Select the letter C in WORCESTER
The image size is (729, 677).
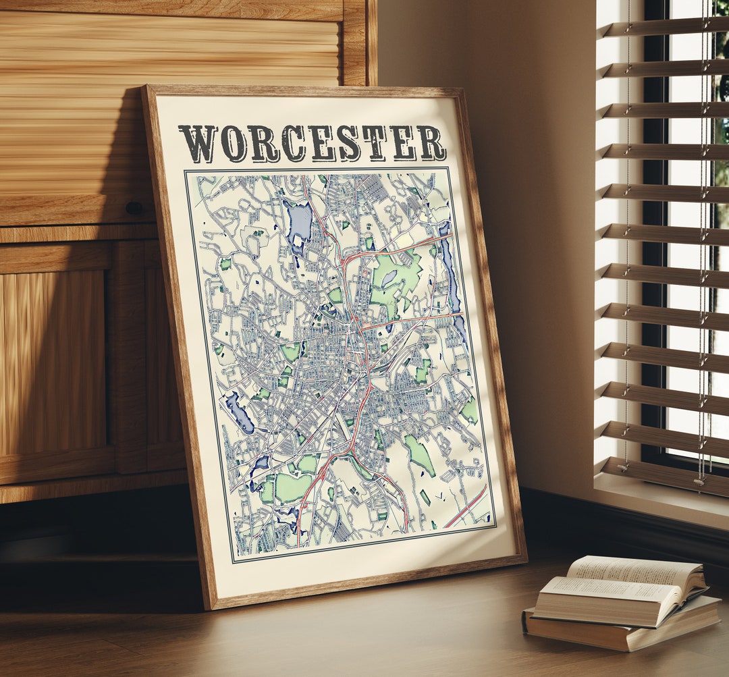[293, 143]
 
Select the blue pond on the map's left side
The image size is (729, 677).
[240, 412]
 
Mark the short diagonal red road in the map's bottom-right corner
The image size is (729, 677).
[466, 507]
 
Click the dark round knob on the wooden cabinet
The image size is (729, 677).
[134, 208]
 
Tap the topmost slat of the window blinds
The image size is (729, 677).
[665, 28]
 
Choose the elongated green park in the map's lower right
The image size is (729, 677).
[420, 454]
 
